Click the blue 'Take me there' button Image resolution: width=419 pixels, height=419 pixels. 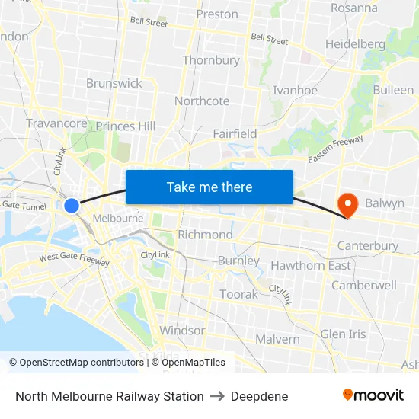(x=209, y=187)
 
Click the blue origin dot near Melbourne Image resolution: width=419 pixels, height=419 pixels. (x=72, y=206)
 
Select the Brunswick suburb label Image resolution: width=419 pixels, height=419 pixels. (x=114, y=83)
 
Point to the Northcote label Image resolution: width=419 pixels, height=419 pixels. (x=202, y=101)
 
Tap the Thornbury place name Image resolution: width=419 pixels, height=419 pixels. (x=211, y=60)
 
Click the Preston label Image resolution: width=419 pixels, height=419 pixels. (x=217, y=14)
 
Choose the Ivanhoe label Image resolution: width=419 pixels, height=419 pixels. (x=295, y=90)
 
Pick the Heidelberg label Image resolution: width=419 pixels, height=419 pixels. (x=355, y=44)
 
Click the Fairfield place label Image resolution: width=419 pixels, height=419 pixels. (x=235, y=133)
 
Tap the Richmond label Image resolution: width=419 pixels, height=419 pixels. (x=205, y=234)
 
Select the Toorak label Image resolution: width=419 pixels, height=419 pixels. (x=238, y=294)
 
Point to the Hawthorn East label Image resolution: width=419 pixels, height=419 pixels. (x=311, y=265)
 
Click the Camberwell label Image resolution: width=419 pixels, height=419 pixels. (x=364, y=285)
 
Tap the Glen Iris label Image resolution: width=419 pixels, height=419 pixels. (x=343, y=334)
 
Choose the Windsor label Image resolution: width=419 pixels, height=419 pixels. (x=182, y=330)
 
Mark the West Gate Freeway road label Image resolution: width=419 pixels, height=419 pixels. (x=75, y=258)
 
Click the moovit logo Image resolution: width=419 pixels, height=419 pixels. (x=373, y=395)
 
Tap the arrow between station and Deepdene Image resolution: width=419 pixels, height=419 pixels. (x=217, y=396)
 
